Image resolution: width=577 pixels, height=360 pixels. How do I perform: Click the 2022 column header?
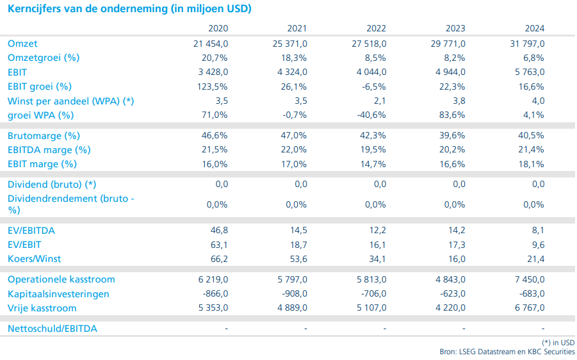(x=377, y=29)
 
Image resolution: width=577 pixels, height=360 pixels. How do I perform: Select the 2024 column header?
(x=533, y=29)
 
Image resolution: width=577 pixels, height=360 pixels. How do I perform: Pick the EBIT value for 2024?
(x=527, y=72)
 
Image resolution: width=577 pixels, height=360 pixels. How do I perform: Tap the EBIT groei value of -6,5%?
(x=373, y=86)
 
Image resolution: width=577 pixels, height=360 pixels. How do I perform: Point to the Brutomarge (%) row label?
(x=44, y=136)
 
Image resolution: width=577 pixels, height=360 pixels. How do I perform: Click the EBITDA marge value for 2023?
(x=451, y=150)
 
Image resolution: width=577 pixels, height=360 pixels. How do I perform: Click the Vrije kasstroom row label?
(x=42, y=308)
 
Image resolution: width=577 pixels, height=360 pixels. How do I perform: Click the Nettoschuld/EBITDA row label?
(x=53, y=329)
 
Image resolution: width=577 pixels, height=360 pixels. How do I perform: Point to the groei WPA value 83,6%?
(x=451, y=115)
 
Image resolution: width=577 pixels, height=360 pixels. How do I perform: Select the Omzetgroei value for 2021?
(x=294, y=58)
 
